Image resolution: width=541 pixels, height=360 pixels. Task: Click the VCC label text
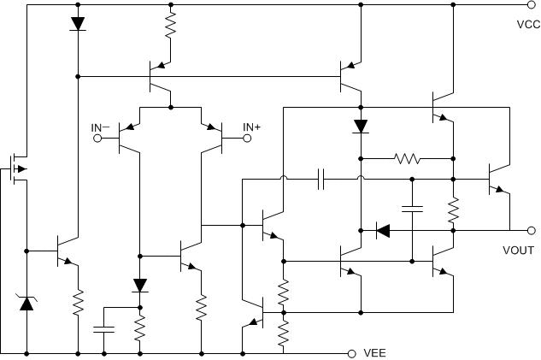[x=528, y=24]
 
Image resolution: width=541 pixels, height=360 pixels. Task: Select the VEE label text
[x=377, y=352]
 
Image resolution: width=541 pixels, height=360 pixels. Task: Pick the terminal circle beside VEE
[x=351, y=352]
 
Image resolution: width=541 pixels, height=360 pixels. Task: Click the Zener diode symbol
[x=26, y=300]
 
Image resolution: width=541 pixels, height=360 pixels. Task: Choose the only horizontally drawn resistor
[x=407, y=158]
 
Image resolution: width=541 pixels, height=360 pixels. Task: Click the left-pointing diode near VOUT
[x=383, y=229]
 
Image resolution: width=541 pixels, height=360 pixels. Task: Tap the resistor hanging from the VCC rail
[x=171, y=26]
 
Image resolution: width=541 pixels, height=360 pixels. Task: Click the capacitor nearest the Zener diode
[x=104, y=328]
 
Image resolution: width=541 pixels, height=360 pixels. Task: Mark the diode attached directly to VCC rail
[x=78, y=24]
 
